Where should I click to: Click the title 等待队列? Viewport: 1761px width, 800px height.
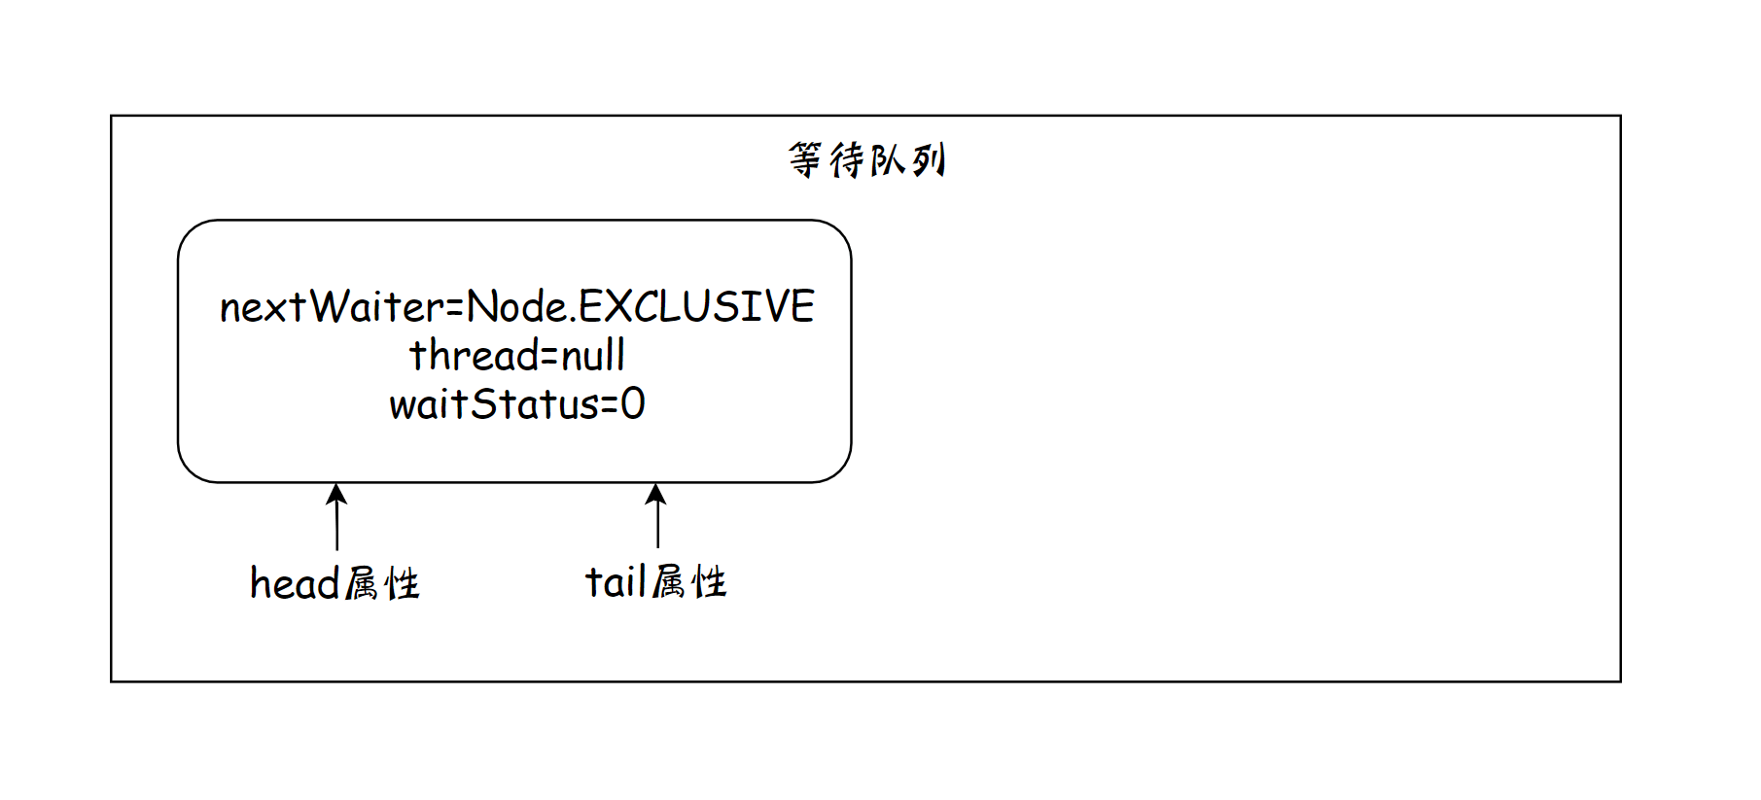865,160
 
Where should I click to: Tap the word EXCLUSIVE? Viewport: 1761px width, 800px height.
697,306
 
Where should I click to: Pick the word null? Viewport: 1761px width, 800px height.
593,356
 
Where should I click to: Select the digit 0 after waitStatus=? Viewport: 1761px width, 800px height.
633,404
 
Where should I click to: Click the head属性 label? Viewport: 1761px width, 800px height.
335,584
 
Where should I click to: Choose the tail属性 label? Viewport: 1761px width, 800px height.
655,583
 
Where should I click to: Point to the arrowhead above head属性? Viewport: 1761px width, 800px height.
336,494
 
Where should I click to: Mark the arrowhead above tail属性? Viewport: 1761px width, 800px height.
656,494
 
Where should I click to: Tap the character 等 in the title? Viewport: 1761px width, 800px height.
805,160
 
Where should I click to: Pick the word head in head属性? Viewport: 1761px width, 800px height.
294,584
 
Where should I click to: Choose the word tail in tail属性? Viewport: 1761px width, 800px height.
616,583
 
